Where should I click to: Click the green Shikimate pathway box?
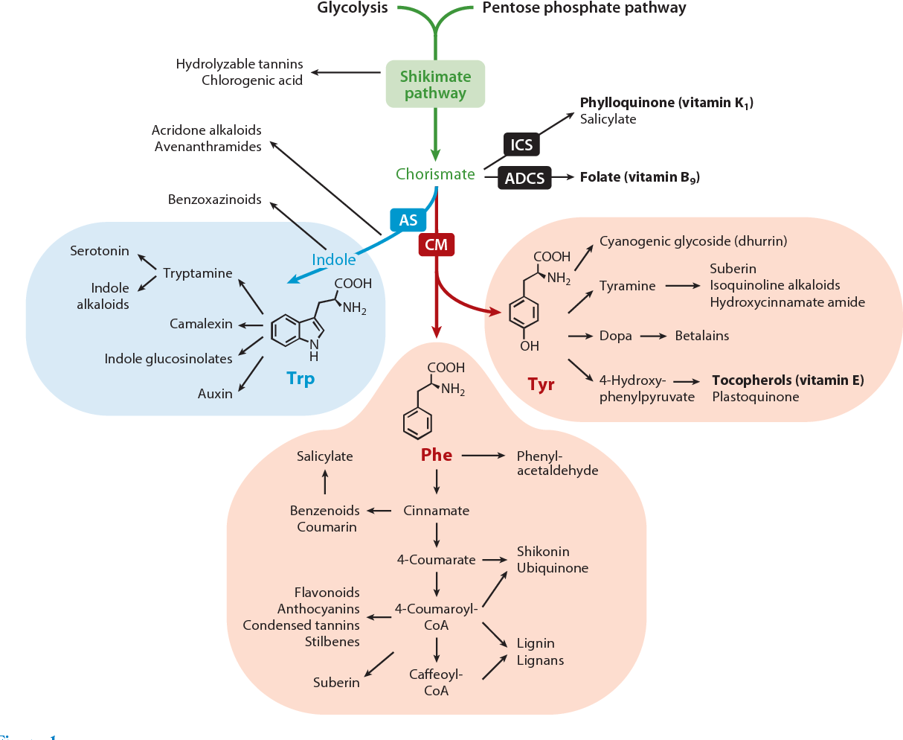coord(435,84)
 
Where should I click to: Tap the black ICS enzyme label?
coord(521,144)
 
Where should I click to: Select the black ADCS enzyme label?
coord(524,178)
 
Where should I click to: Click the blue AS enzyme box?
coord(408,220)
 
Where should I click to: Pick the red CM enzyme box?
coord(436,244)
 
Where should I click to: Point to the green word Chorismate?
coord(435,174)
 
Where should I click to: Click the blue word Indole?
coord(333,260)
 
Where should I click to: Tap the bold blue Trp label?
coord(301,378)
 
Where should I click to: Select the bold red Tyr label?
coord(541,384)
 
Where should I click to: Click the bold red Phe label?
coord(437,455)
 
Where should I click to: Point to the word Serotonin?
coord(100,251)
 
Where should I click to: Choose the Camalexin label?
coord(201,324)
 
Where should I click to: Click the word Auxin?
coord(215,394)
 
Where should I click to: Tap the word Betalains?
coord(701,336)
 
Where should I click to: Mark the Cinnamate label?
coord(437,511)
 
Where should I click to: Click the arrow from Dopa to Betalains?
coord(653,336)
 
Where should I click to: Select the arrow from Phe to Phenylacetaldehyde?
coord(484,455)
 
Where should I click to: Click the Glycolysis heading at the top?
coord(353,8)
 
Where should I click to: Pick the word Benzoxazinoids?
coord(214,200)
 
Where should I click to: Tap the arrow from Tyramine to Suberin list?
coord(682,286)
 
